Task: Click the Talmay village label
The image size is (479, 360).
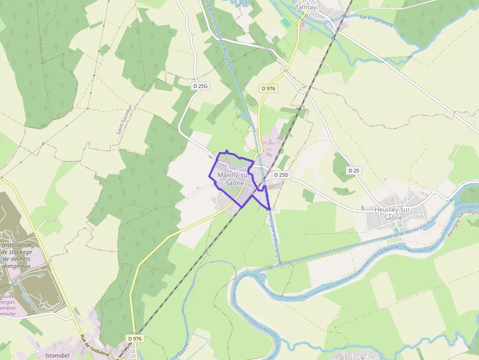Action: tap(306, 7)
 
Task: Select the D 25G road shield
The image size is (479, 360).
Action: tap(200, 86)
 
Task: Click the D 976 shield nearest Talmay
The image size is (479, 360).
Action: tap(268, 88)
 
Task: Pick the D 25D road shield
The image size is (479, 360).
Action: tap(282, 175)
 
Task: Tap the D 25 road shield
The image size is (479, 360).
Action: tap(353, 170)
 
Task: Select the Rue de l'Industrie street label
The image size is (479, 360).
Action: tap(96, 347)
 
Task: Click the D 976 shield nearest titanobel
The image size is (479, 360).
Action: tap(134, 339)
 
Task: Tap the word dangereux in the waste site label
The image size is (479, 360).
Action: tap(16, 266)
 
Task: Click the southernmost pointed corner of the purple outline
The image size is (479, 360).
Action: tap(269, 210)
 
